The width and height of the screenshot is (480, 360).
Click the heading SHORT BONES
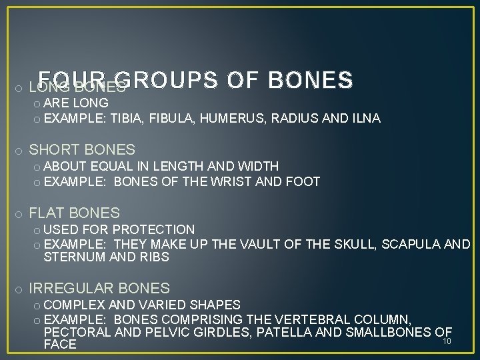82,150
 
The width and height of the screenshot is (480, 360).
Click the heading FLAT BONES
75,213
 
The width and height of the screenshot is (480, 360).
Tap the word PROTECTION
155,230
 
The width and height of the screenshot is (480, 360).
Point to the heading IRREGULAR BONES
99,289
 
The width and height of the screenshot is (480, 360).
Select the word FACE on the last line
59,345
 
